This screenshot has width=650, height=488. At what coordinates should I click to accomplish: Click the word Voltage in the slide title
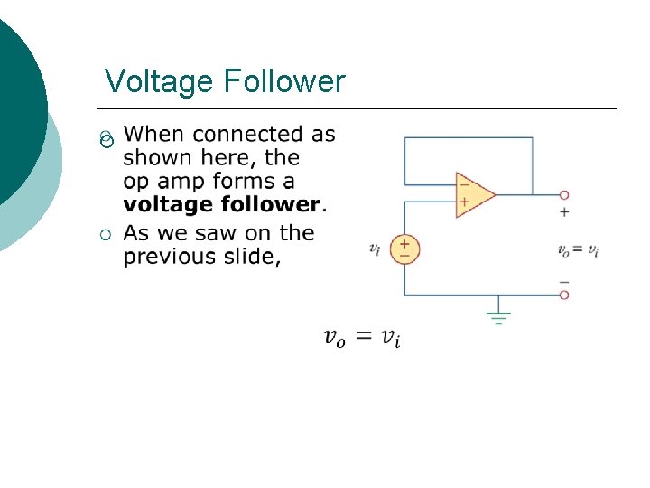pos(158,82)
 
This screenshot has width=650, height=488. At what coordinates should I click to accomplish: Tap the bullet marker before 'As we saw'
pos(106,236)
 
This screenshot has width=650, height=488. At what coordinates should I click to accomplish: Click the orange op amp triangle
pos(474,194)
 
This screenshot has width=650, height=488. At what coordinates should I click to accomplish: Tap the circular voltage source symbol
pos(404,249)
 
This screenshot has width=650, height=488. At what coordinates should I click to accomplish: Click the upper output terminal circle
pos(564,194)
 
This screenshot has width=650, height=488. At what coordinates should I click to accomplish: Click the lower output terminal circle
pos(564,295)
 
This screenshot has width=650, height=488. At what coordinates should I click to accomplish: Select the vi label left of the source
pos(375,249)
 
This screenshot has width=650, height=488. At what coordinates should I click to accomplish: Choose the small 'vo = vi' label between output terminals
pos(578,250)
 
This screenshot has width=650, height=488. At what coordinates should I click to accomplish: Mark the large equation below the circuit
pos(362,338)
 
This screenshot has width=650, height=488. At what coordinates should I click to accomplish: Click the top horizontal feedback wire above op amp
pos(468,137)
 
